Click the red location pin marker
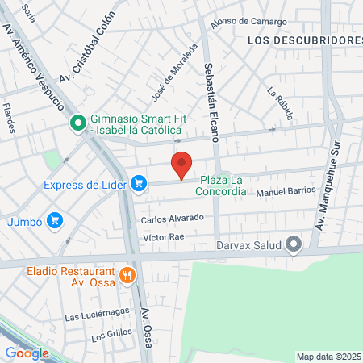click(x=182, y=165)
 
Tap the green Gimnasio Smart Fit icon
click(x=78, y=123)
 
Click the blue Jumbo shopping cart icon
click(x=55, y=220)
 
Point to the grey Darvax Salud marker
click(x=294, y=244)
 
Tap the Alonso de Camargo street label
click(x=248, y=23)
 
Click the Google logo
click(x=27, y=353)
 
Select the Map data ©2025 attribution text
click(x=328, y=357)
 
